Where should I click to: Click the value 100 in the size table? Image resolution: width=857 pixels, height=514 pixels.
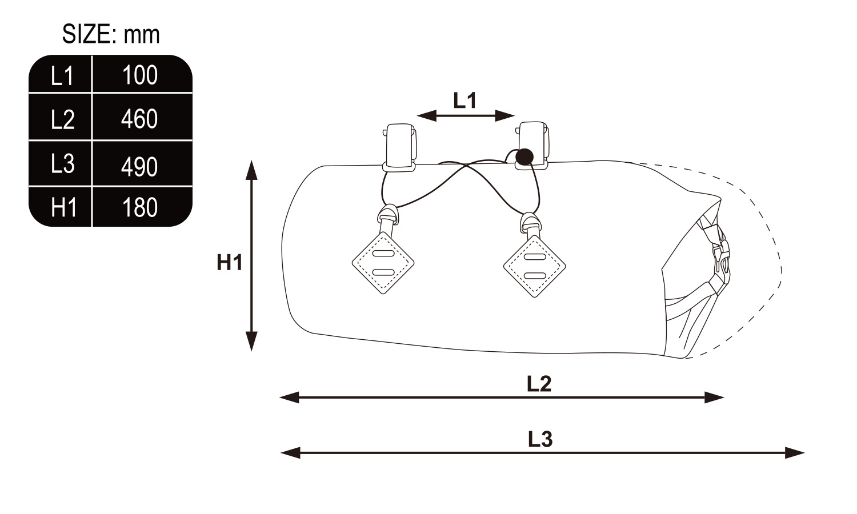(x=140, y=75)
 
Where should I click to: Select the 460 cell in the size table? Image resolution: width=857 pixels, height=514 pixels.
(x=139, y=119)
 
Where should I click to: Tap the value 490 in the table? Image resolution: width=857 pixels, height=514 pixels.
(x=139, y=167)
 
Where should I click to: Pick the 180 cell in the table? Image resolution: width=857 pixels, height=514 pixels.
(x=140, y=208)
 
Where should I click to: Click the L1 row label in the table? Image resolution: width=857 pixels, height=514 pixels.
(x=62, y=76)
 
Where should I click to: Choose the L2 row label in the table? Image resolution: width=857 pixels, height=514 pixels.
(x=62, y=119)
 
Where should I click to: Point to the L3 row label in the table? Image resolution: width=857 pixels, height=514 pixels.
(x=62, y=163)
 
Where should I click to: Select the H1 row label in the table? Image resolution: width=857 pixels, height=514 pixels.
(x=63, y=208)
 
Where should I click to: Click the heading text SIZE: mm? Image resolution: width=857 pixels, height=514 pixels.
(x=111, y=34)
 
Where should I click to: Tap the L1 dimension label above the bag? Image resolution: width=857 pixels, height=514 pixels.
(x=465, y=101)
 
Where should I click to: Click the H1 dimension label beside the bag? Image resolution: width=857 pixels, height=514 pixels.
(x=230, y=263)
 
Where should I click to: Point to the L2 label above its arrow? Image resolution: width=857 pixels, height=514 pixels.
(x=539, y=384)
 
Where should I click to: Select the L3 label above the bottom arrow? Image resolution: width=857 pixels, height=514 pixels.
(x=540, y=439)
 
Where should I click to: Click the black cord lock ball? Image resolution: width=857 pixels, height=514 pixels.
(x=524, y=157)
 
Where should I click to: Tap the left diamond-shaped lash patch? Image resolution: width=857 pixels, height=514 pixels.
(x=383, y=263)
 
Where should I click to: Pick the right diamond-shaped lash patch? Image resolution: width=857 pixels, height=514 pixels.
(x=534, y=266)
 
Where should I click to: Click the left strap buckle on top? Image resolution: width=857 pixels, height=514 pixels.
(x=399, y=147)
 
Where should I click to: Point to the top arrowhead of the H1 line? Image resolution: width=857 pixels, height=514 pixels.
(x=251, y=170)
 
